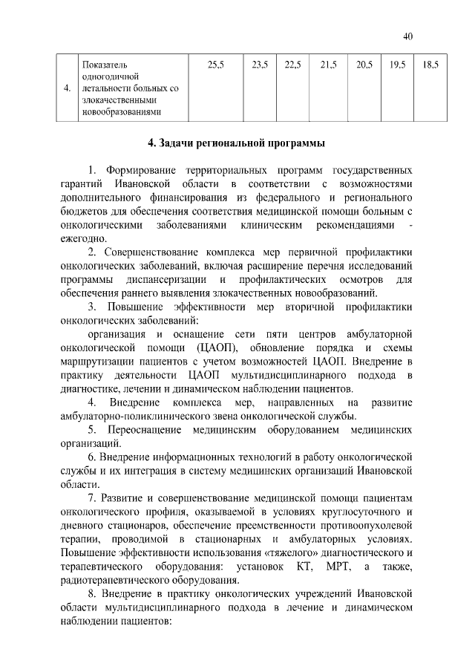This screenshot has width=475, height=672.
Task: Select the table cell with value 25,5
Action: (x=216, y=65)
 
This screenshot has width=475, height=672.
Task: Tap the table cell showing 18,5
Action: (x=429, y=65)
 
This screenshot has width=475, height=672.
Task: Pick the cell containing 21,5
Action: (x=328, y=65)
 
